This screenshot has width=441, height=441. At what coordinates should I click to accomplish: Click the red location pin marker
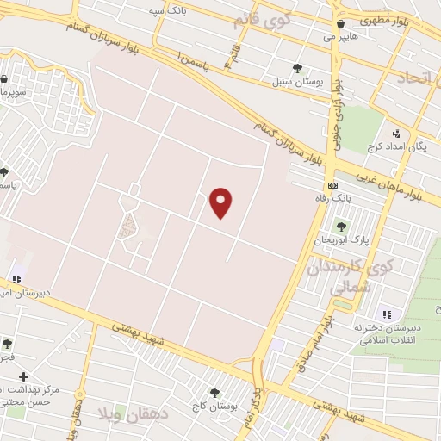[221, 202]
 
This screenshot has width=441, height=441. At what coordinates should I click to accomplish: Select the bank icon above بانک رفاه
[332, 186]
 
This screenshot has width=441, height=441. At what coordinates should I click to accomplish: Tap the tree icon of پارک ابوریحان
[342, 227]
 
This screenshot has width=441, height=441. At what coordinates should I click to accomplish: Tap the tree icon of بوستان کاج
[214, 393]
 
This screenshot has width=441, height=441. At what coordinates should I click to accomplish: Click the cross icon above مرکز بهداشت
[24, 376]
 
